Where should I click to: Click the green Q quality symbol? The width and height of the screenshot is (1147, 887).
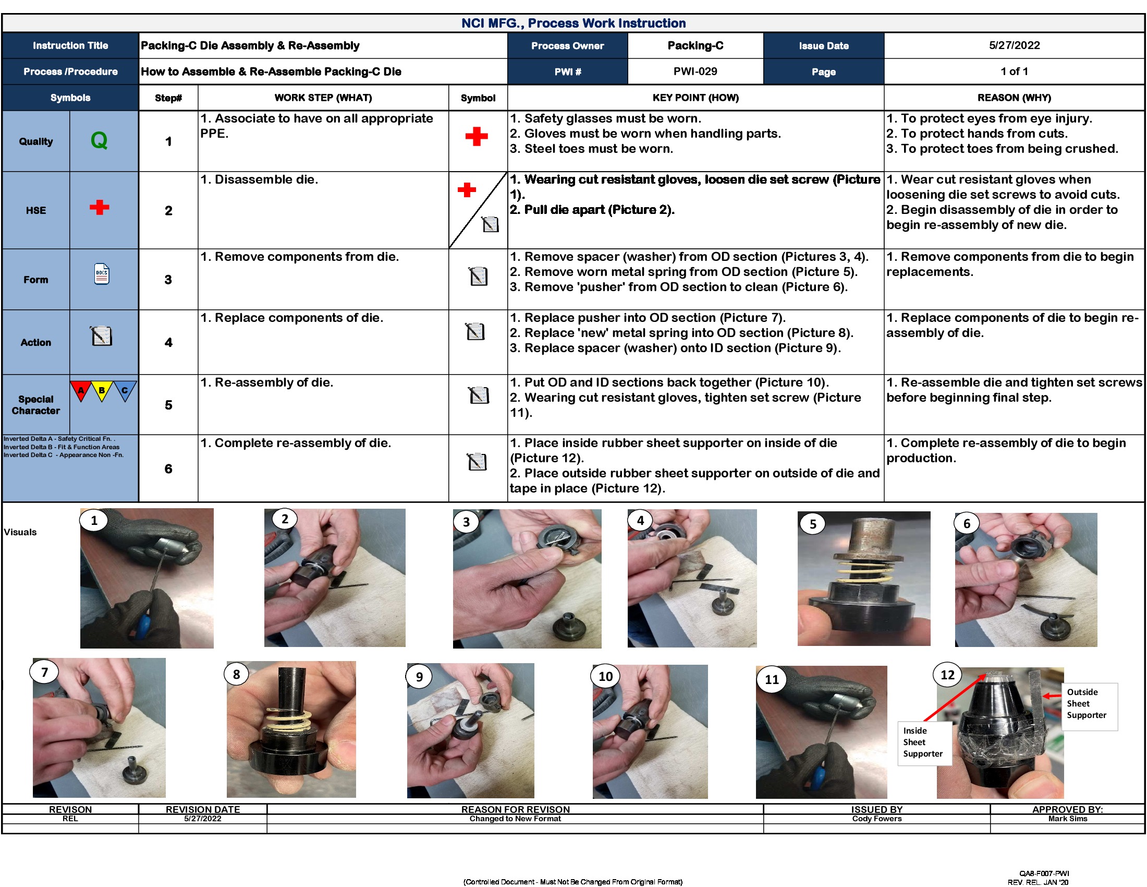tap(99, 140)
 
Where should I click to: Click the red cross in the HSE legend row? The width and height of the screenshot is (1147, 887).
tap(99, 207)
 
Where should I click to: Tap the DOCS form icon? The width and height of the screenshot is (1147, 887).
tap(102, 274)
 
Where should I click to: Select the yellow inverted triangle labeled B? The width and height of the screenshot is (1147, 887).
tap(101, 390)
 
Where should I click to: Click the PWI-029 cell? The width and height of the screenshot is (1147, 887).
tap(695, 71)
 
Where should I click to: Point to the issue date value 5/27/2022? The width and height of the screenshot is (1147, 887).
tap(1014, 45)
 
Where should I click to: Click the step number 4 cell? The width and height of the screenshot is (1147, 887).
tap(168, 343)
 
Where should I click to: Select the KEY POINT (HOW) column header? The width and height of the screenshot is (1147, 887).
tap(695, 98)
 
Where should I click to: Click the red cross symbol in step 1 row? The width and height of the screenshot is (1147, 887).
tap(477, 137)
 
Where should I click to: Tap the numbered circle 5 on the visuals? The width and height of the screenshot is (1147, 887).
tap(812, 524)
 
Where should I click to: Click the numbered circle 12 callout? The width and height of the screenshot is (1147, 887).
tap(947, 675)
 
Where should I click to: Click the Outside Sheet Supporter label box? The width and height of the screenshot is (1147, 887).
tap(1089, 704)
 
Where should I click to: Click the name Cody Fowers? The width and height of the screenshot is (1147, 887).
tap(876, 819)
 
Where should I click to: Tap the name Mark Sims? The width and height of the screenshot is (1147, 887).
tap(1067, 819)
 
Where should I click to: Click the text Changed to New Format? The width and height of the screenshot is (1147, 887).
tap(515, 819)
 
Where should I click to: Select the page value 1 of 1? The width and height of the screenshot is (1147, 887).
tap(1014, 71)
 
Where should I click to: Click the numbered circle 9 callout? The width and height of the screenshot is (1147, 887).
tap(419, 677)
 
